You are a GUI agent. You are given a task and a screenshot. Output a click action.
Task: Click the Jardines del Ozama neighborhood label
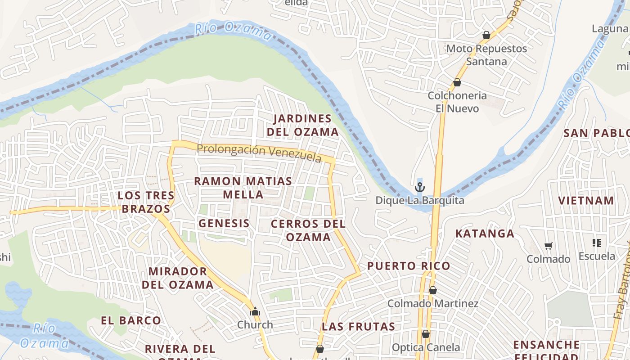point(302,125)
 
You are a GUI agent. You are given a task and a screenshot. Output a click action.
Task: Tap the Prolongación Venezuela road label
point(259,152)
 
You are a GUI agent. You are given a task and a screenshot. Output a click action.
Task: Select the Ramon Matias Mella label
point(243,188)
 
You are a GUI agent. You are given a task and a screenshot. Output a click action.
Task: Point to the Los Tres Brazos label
point(146,202)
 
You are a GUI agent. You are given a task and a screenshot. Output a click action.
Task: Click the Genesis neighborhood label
point(224,223)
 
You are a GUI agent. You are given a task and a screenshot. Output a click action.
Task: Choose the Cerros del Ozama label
point(308,230)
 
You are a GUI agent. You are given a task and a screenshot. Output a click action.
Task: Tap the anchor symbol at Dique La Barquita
point(420,187)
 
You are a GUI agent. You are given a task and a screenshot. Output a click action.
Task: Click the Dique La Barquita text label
point(420,201)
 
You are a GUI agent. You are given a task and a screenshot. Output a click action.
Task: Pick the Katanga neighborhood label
point(485,234)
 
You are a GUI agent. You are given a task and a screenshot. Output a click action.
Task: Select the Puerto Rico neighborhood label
point(409,266)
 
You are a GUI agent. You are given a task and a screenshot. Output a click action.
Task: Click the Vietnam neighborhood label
point(586,201)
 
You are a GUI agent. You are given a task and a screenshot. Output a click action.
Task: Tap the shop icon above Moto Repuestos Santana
point(486,35)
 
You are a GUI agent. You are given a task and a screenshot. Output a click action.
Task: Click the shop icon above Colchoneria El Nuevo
point(457,82)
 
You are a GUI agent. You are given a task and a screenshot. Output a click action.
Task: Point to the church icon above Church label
point(255,311)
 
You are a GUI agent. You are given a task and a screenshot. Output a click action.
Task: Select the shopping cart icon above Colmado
point(549,246)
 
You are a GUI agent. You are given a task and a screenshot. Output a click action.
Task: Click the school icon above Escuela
point(597,243)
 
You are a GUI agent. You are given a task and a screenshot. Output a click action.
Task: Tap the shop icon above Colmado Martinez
point(433,290)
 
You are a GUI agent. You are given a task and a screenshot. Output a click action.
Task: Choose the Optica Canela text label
point(426,347)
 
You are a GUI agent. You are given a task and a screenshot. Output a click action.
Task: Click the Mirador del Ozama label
point(178,278)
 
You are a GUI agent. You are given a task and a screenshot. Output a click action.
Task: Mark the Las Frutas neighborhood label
point(359,327)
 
